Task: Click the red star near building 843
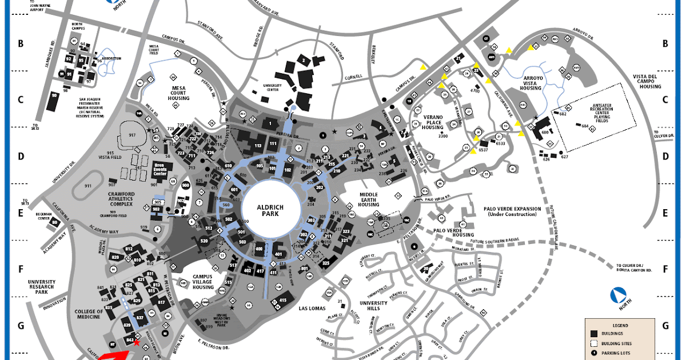(136, 343)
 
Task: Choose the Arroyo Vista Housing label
(529, 85)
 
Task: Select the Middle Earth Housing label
(369, 200)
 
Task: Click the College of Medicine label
(89, 315)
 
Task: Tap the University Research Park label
(41, 286)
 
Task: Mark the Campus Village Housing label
(203, 282)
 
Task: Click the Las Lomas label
(312, 308)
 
